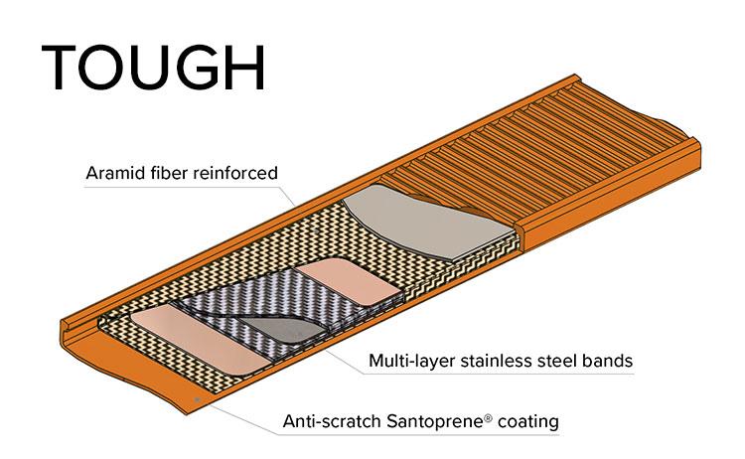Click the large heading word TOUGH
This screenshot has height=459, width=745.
(x=153, y=69)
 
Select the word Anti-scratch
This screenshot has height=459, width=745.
(x=328, y=421)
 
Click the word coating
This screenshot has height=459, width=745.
(x=527, y=421)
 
